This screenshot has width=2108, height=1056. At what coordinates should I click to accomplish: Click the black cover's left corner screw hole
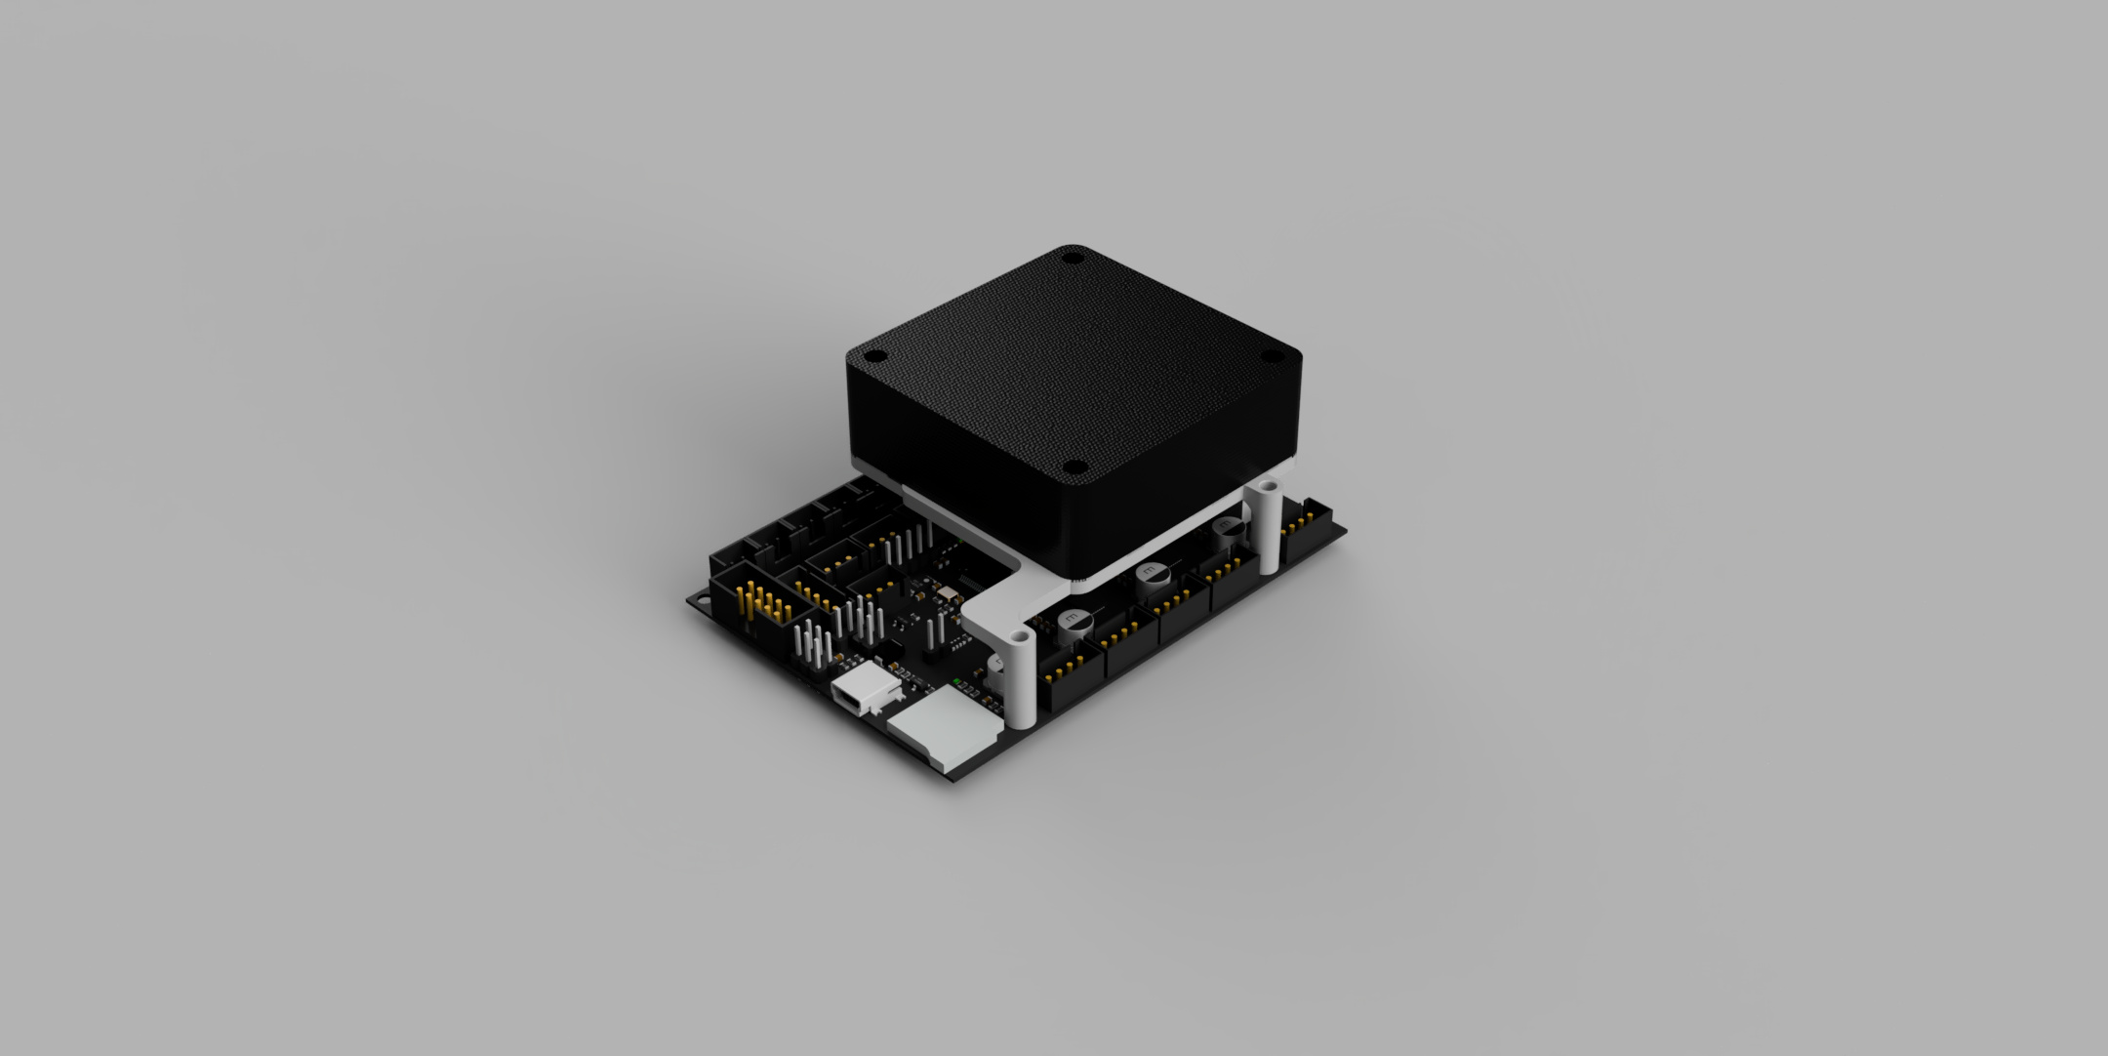pyautogui.click(x=876, y=355)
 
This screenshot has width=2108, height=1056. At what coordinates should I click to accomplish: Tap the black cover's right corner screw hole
pyautogui.click(x=1272, y=356)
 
